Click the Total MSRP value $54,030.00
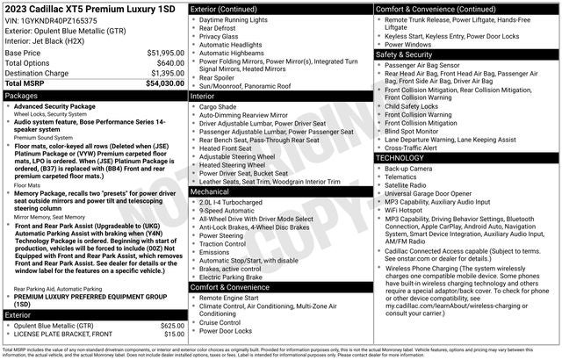pos(161,83)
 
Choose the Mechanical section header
pos(209,191)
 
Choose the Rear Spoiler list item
pos(222,77)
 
